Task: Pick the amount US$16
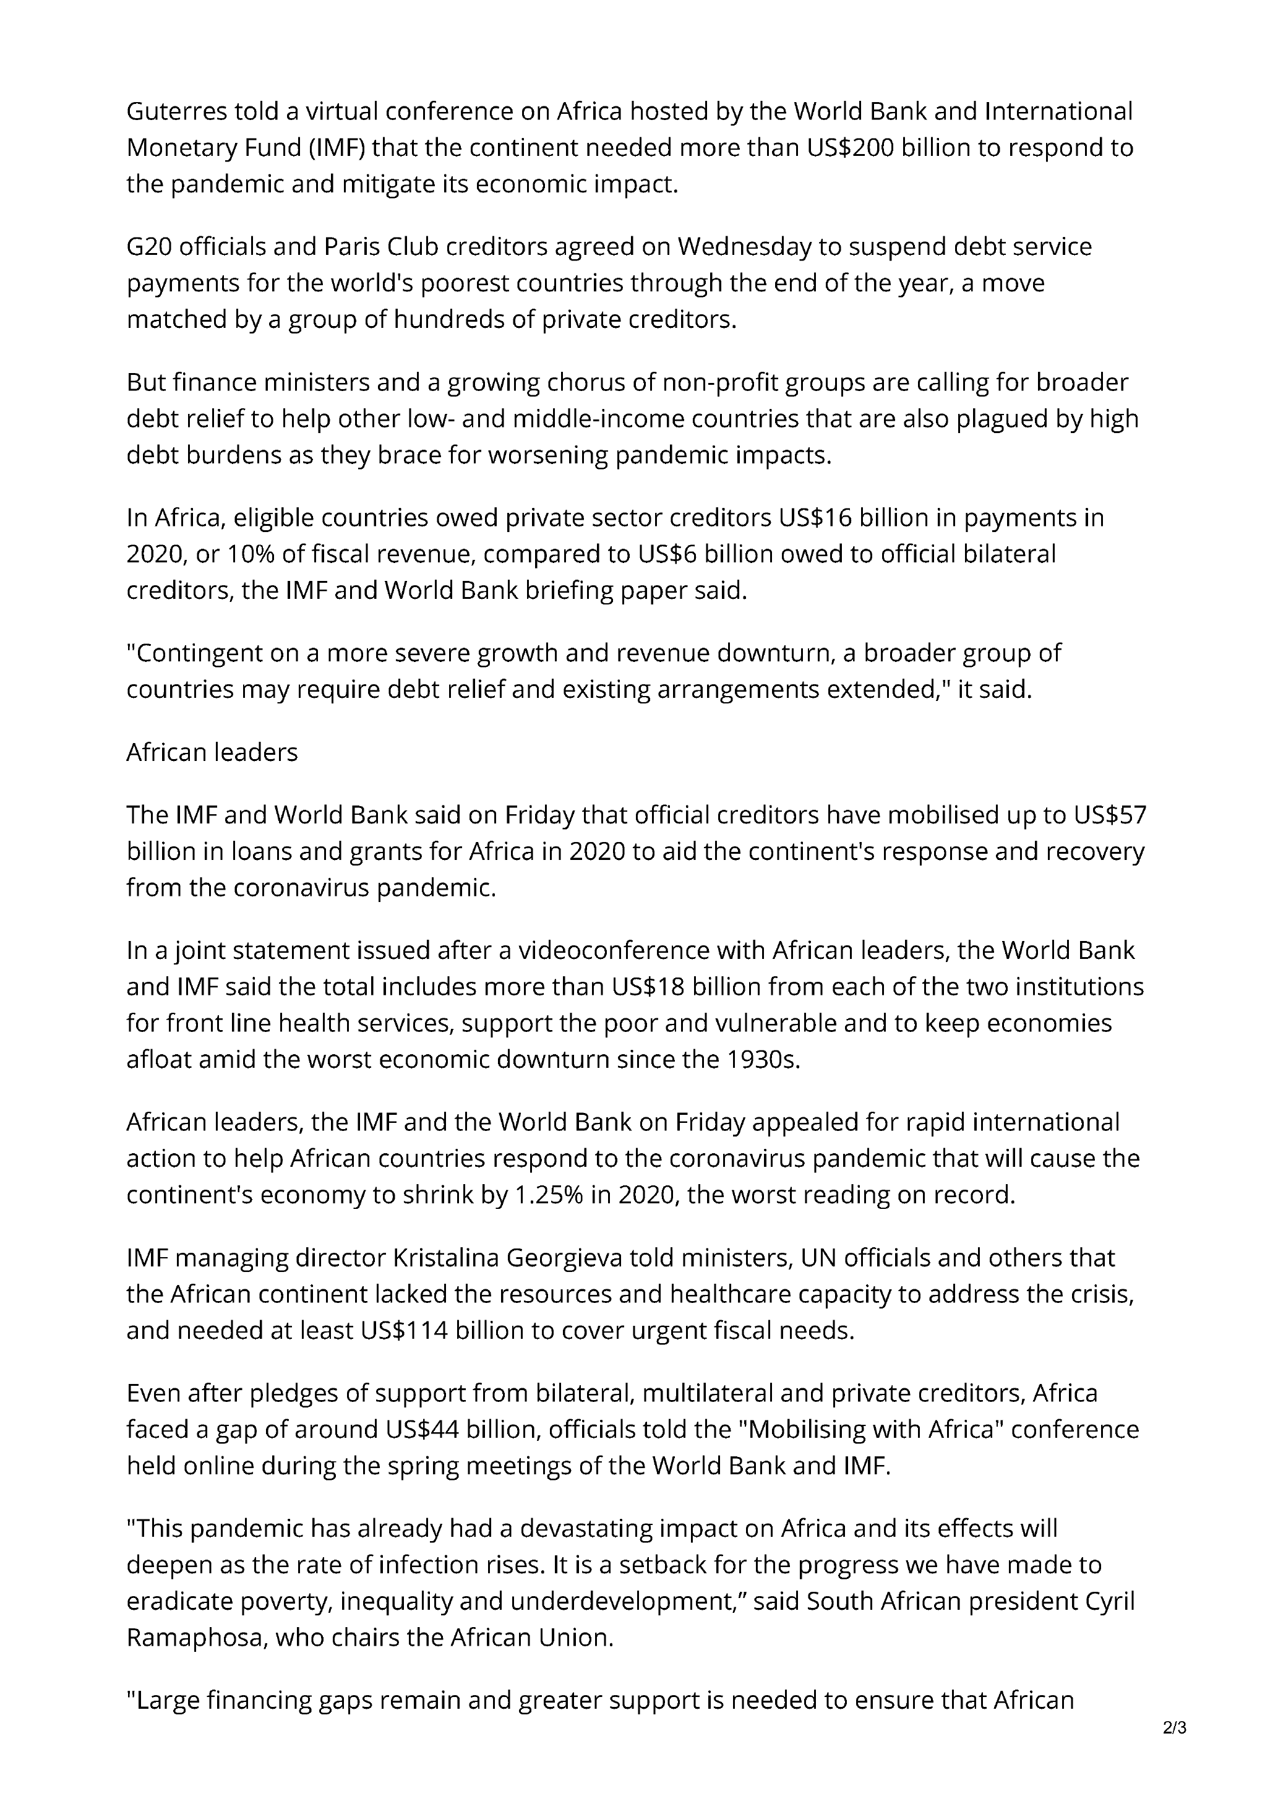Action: pyautogui.click(x=815, y=518)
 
